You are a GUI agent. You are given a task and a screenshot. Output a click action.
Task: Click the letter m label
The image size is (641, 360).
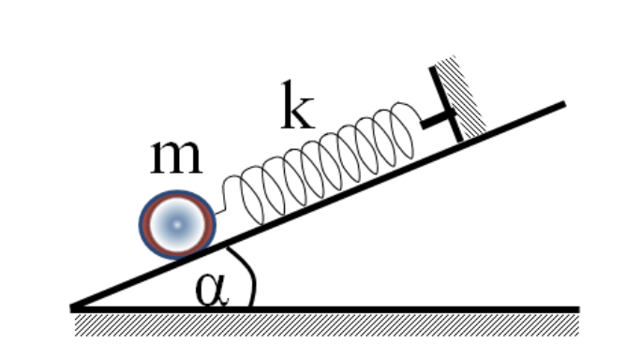click(176, 157)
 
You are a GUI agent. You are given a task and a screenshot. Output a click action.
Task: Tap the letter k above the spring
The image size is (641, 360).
click(298, 106)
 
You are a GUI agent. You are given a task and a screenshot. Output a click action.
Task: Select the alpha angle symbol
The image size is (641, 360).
click(212, 290)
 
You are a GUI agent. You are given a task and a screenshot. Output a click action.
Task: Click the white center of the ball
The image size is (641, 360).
click(177, 225)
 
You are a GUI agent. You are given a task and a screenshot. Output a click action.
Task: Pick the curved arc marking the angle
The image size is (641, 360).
click(253, 277)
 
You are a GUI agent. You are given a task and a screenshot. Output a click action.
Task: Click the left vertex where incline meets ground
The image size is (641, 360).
click(72, 308)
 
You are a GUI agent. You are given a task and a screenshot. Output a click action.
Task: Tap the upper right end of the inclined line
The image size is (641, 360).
click(564, 104)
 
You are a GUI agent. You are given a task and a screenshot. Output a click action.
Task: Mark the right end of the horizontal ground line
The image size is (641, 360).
click(578, 309)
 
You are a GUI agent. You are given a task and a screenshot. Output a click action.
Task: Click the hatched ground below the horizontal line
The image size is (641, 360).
click(326, 325)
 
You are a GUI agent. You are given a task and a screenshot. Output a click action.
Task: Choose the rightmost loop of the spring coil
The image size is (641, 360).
click(402, 130)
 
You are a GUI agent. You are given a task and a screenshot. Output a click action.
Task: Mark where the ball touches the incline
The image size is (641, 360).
click(192, 257)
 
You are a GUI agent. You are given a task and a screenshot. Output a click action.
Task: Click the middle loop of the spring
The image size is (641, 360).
click(327, 163)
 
